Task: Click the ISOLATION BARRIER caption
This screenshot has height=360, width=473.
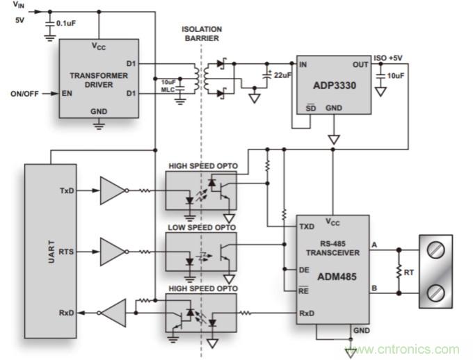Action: tap(202, 33)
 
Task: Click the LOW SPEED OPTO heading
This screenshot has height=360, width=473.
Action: tap(201, 227)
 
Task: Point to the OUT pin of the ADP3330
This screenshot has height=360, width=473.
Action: tap(360, 65)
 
